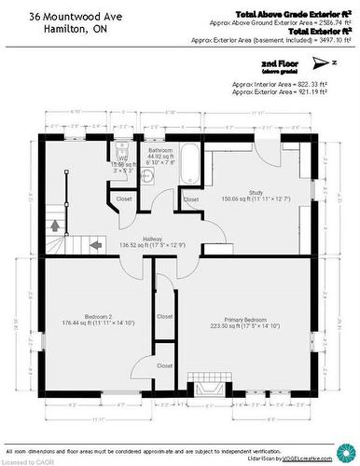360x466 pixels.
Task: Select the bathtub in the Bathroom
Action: coord(186,164)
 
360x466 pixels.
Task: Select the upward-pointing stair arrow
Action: coord(55,224)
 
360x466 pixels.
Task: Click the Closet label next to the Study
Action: coord(190,199)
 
